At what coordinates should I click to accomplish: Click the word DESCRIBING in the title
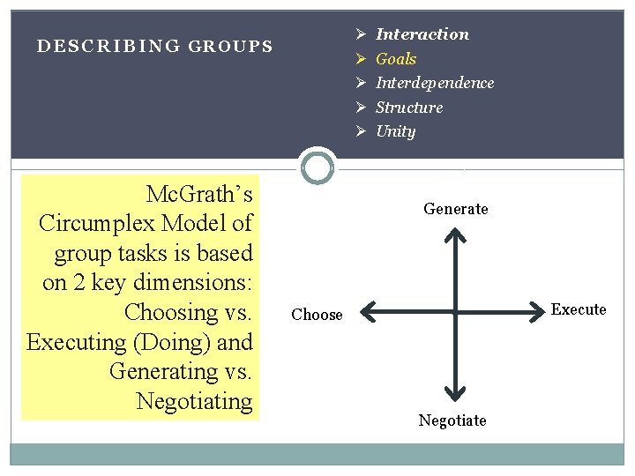pyautogui.click(x=108, y=46)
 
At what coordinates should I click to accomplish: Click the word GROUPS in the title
pyautogui.click(x=231, y=46)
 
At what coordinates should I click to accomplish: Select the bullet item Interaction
pyautogui.click(x=422, y=34)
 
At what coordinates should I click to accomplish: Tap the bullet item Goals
pyautogui.click(x=396, y=59)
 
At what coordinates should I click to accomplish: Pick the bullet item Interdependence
pyautogui.click(x=434, y=83)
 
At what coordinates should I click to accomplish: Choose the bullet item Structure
pyautogui.click(x=409, y=108)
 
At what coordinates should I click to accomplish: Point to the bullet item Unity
pyautogui.click(x=395, y=131)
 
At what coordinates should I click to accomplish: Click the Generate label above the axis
pyautogui.click(x=455, y=209)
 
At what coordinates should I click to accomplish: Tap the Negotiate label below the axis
pyautogui.click(x=452, y=420)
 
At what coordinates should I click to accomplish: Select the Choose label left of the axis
pyautogui.click(x=317, y=315)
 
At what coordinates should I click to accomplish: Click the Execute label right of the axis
pyautogui.click(x=579, y=309)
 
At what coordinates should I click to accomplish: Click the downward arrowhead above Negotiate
pyautogui.click(x=454, y=393)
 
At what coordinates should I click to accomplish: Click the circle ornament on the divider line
pyautogui.click(x=317, y=167)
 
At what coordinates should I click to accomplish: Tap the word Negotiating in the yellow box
pyautogui.click(x=194, y=401)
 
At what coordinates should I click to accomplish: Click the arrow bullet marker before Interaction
pyautogui.click(x=361, y=34)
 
